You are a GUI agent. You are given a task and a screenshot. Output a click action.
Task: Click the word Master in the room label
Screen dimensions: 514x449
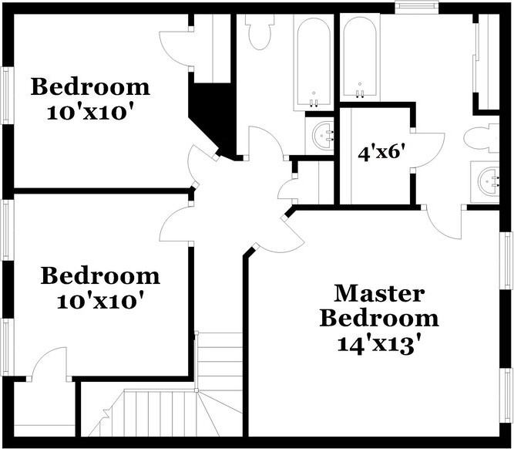pyautogui.click(x=379, y=294)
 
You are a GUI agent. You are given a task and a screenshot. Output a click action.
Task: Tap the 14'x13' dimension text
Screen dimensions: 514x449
pyautogui.click(x=379, y=345)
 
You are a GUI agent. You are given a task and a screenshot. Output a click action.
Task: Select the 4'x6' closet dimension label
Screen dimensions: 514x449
pyautogui.click(x=379, y=153)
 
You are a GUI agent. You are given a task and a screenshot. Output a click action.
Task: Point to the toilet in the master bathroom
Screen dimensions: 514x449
pyautogui.click(x=481, y=138)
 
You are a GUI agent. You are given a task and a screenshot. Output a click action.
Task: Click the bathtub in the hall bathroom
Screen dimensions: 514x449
pyautogui.click(x=314, y=62)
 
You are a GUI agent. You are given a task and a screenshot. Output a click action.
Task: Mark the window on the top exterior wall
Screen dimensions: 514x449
pyautogui.click(x=416, y=8)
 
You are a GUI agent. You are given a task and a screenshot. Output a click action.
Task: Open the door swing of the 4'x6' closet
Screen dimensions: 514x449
pyautogui.click(x=427, y=150)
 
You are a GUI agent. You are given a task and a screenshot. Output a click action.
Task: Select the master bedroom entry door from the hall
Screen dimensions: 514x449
pyautogui.click(x=284, y=234)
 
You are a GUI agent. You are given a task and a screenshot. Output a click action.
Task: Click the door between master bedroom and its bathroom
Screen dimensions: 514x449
pyautogui.click(x=444, y=222)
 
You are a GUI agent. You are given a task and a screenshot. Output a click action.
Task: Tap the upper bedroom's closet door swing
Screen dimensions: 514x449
pyautogui.click(x=176, y=49)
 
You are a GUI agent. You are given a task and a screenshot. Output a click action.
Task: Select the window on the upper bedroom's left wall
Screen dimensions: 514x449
pyautogui.click(x=8, y=96)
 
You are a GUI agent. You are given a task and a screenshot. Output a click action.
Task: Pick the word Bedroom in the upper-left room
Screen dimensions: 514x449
pyautogui.click(x=90, y=87)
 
